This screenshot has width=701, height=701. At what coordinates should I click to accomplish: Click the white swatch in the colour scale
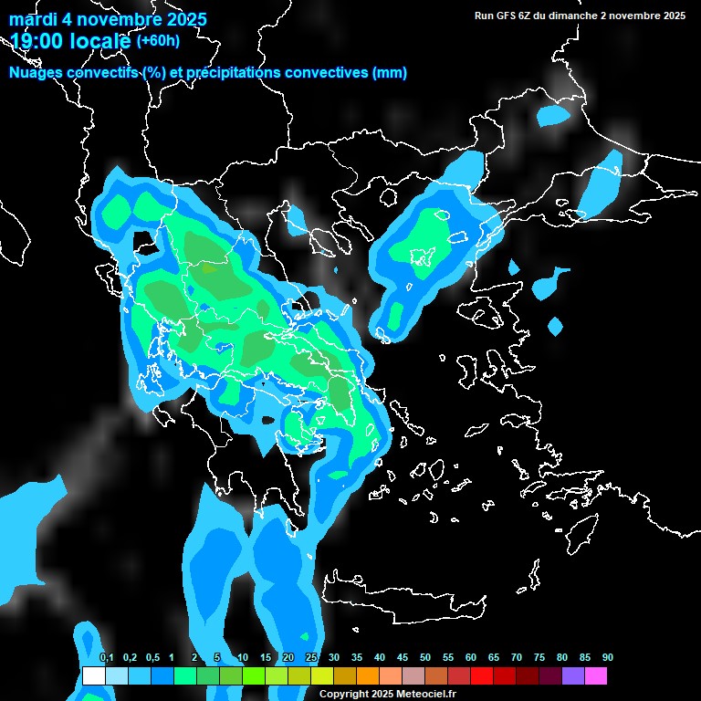coord(93,676)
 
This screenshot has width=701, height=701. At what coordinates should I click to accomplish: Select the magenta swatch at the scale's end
coord(596,676)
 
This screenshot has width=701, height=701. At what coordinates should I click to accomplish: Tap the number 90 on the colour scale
coord(608,657)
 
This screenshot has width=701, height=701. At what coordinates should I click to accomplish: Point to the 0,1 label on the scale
coord(106,657)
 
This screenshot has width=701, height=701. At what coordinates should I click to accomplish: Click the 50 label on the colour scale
coord(425,657)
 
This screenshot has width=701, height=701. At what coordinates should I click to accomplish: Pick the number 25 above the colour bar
coord(311,657)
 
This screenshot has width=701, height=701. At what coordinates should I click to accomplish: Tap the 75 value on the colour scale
coord(539,657)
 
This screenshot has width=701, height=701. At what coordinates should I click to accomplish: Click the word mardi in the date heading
coord(33,19)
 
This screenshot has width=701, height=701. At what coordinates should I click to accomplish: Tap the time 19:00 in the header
coord(37,40)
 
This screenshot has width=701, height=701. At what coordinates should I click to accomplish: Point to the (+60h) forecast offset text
coord(158,40)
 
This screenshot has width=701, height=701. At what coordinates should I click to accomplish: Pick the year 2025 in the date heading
coord(180,19)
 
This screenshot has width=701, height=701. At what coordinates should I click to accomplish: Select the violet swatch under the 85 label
coord(573,676)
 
